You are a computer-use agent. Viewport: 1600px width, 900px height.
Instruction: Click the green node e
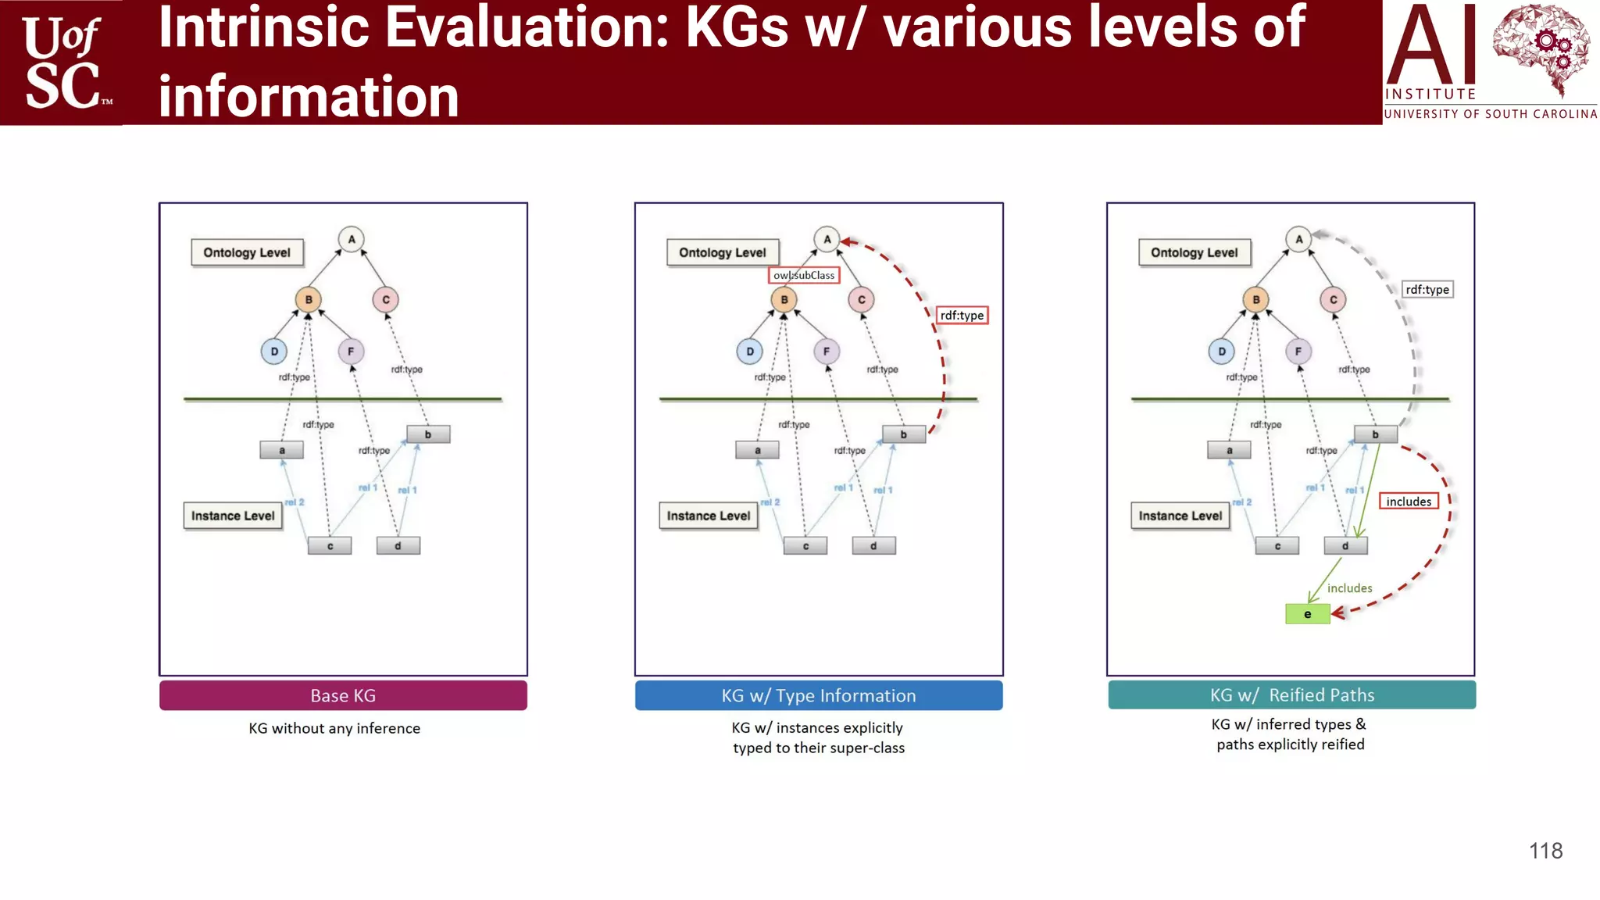click(x=1307, y=614)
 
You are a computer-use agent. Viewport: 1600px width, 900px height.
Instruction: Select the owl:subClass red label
click(x=804, y=275)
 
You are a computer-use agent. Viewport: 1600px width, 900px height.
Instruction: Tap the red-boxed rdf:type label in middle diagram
click(x=962, y=315)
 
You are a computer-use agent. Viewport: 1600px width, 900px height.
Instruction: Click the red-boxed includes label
click(x=1409, y=502)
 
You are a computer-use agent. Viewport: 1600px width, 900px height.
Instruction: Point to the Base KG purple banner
click(x=343, y=695)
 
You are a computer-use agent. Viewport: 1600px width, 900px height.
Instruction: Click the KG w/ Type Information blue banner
click(x=818, y=695)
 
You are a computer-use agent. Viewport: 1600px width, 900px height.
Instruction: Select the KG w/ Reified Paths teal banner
click(x=1291, y=695)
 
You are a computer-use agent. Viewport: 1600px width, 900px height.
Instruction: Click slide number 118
click(x=1545, y=851)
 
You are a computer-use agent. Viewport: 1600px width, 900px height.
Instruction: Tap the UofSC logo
click(x=62, y=62)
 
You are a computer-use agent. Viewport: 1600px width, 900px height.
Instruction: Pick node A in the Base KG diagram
click(x=352, y=239)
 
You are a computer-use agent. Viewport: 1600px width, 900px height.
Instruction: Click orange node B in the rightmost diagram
click(x=1255, y=299)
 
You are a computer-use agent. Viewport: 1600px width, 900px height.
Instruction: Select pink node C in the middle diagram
click(x=861, y=299)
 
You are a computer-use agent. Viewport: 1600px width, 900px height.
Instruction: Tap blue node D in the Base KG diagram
click(x=274, y=352)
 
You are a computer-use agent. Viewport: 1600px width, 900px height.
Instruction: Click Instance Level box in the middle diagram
click(x=708, y=516)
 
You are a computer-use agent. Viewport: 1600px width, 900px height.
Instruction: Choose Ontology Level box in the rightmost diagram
click(x=1194, y=252)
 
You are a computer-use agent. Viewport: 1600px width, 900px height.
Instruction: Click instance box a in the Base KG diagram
click(x=281, y=450)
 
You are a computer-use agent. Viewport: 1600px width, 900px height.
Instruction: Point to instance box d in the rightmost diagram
click(x=1345, y=546)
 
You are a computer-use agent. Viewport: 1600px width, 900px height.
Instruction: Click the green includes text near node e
click(x=1349, y=588)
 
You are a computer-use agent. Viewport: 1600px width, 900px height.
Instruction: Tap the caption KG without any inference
click(x=334, y=728)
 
